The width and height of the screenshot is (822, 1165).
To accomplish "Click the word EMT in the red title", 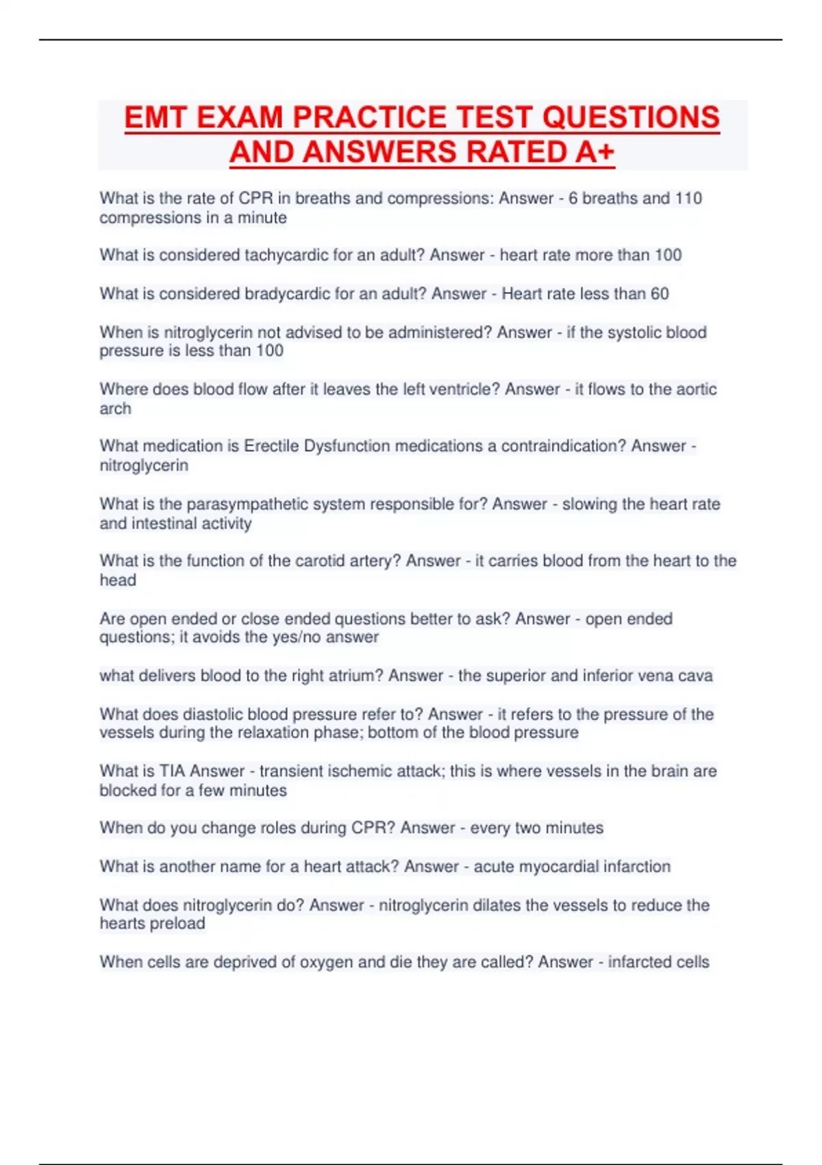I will click(155, 117).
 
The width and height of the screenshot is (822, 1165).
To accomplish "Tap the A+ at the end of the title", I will click(595, 152).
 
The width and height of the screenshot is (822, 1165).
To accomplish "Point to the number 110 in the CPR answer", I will click(688, 198).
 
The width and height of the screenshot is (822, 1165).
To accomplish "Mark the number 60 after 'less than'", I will click(660, 293).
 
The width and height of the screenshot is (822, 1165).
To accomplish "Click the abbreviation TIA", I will click(172, 771).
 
